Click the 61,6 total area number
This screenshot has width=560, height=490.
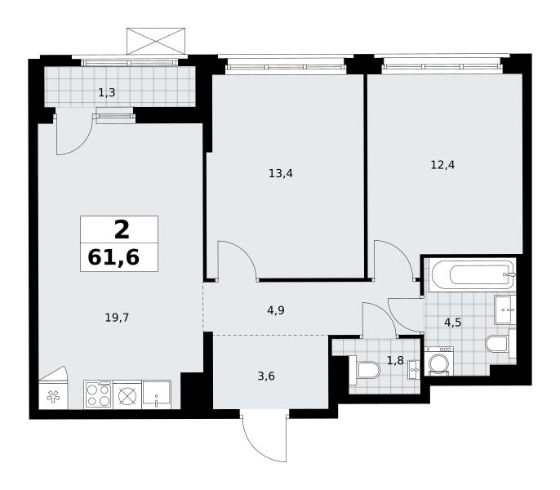[x=113, y=257]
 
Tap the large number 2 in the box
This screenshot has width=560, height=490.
[x=122, y=230]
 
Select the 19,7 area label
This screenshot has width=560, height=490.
[x=117, y=317]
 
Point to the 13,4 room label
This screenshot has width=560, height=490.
[x=281, y=174]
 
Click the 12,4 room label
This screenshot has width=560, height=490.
[x=442, y=165]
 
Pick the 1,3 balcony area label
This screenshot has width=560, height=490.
[x=107, y=93]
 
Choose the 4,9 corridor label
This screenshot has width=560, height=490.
[x=276, y=310]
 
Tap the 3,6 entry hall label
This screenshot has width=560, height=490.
[x=266, y=376]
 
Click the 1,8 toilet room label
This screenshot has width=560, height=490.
[x=395, y=361]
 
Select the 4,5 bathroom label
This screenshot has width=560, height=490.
[x=453, y=323]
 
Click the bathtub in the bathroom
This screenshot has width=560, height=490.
[x=473, y=274]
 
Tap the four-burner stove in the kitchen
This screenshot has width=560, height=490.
[x=99, y=394]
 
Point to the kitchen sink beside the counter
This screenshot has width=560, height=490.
[x=157, y=394]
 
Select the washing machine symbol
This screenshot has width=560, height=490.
[x=439, y=361]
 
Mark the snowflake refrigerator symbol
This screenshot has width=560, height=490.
[x=53, y=396]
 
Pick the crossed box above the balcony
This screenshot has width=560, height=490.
[x=156, y=41]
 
